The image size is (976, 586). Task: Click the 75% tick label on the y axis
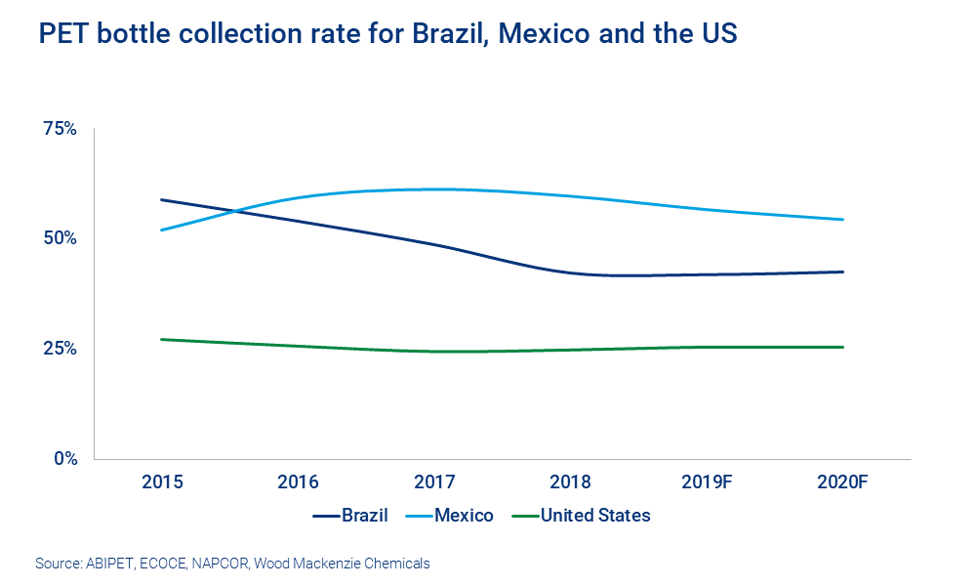(57, 128)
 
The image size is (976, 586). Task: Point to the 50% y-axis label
(57, 238)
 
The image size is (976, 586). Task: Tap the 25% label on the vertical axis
(57, 349)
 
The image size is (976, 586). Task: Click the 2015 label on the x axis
(162, 481)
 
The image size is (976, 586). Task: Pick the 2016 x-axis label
(298, 481)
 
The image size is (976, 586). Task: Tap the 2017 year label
(434, 481)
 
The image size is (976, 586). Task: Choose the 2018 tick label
(571, 481)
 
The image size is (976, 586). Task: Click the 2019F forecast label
(707, 481)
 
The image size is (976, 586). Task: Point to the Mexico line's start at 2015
(162, 230)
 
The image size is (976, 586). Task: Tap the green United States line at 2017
(434, 352)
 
